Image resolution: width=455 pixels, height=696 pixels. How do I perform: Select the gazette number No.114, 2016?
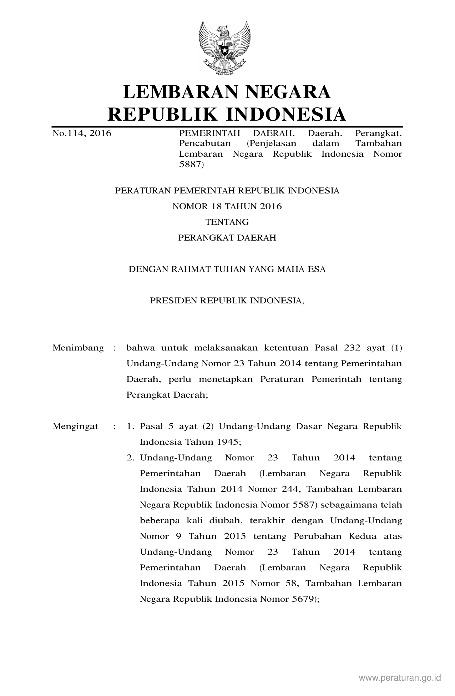[x=82, y=133]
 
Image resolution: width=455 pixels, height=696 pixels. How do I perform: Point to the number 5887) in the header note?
[x=191, y=165]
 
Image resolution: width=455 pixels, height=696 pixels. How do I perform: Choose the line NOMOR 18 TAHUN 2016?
[x=227, y=206]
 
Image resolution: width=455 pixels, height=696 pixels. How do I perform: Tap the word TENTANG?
[x=227, y=222]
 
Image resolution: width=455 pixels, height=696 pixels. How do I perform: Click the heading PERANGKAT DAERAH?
[x=227, y=238]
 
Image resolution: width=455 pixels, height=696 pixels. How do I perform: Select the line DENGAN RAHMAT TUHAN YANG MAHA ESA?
[x=227, y=269]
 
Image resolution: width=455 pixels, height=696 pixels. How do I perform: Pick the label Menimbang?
[x=78, y=348]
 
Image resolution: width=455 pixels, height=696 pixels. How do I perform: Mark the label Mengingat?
[x=75, y=426]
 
